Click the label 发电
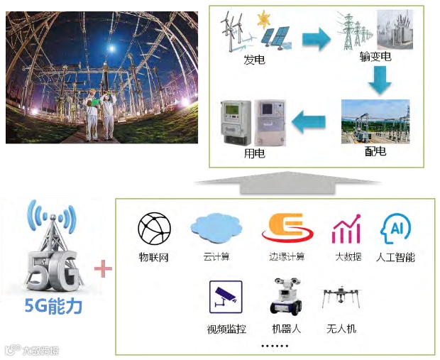[254, 60]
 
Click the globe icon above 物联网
[154, 229]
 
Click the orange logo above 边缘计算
[283, 229]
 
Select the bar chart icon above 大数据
[346, 229]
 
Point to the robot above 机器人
[286, 296]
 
